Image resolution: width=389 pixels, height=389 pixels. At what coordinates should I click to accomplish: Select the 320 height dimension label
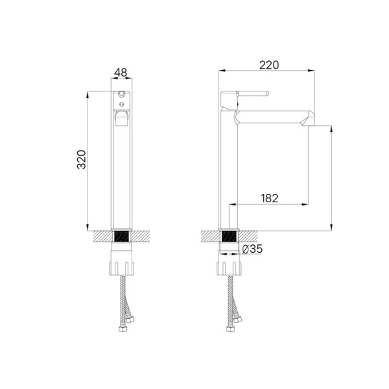(81, 159)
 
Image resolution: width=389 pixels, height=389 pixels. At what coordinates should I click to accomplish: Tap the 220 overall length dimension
(268, 64)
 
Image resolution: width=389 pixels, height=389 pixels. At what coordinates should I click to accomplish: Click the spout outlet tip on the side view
(310, 121)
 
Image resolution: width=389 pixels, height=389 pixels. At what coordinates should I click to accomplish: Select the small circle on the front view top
(121, 93)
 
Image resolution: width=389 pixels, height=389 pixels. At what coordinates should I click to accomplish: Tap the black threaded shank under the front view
(121, 237)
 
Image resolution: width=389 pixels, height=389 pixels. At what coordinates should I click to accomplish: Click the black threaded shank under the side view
(230, 237)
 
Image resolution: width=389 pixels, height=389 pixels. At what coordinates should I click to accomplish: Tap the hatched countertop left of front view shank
(102, 236)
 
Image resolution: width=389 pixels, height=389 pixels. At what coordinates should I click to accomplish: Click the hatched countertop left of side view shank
(211, 236)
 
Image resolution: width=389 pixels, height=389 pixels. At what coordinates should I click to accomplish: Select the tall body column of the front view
(121, 175)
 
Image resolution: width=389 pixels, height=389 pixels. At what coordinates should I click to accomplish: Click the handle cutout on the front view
(121, 117)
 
